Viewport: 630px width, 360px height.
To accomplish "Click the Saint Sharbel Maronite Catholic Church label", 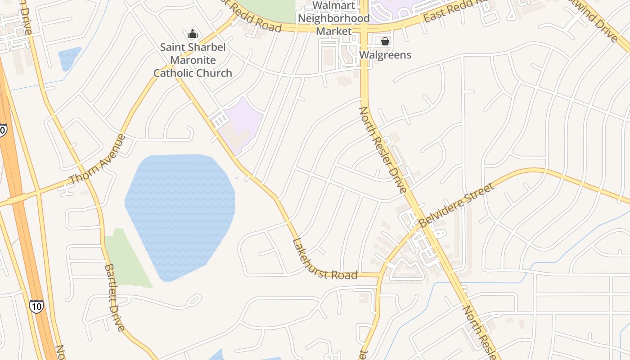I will tap(193, 60).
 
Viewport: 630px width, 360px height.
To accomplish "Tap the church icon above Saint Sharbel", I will tap(193, 34).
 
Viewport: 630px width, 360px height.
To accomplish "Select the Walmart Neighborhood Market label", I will tap(333, 18).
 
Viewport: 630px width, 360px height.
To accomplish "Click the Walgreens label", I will tap(385, 55).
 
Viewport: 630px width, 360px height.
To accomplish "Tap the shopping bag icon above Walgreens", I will tap(385, 41).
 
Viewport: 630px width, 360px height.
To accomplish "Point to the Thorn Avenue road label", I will tap(98, 158).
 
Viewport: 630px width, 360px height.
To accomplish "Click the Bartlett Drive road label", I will tap(114, 297).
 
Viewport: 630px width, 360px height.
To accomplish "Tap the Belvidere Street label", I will tap(456, 205).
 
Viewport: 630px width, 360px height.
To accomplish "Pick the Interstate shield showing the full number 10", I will tap(36, 306).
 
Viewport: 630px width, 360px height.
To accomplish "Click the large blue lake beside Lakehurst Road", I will tap(180, 211).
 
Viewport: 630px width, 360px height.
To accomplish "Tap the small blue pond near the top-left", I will tap(69, 58).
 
